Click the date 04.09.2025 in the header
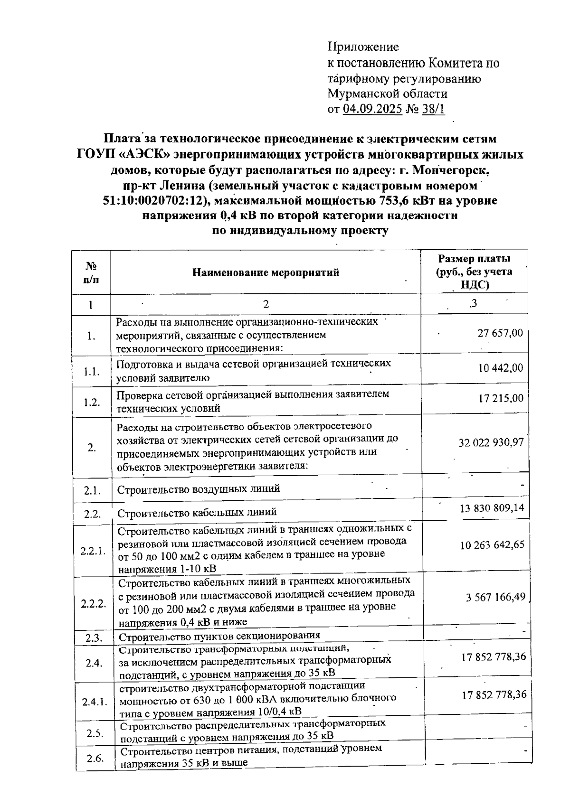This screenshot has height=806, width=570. [373, 109]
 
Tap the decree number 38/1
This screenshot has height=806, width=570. [433, 109]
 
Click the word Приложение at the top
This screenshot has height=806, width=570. [363, 47]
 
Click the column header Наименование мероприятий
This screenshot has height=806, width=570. [266, 272]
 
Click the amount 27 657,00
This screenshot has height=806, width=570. [500, 333]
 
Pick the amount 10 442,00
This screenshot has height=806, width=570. [500, 368]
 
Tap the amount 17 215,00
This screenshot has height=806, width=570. [501, 398]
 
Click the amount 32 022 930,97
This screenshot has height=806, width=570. [491, 442]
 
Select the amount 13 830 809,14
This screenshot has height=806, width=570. [492, 508]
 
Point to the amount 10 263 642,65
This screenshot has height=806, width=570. [492, 544]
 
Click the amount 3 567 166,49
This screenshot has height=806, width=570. [495, 597]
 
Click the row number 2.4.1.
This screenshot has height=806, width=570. [94, 702]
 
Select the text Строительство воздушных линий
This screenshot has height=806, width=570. [199, 489]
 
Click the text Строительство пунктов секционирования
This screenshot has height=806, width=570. [219, 636]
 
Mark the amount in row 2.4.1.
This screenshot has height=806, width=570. [494, 694]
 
